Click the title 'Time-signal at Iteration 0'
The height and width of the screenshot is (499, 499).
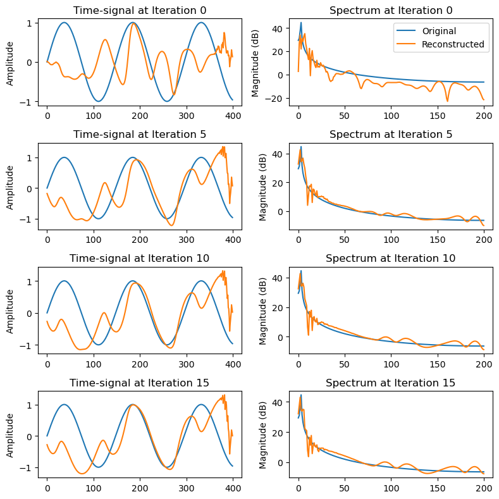coord(140,10)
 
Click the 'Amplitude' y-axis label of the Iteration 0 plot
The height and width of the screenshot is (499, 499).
coord(10,62)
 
